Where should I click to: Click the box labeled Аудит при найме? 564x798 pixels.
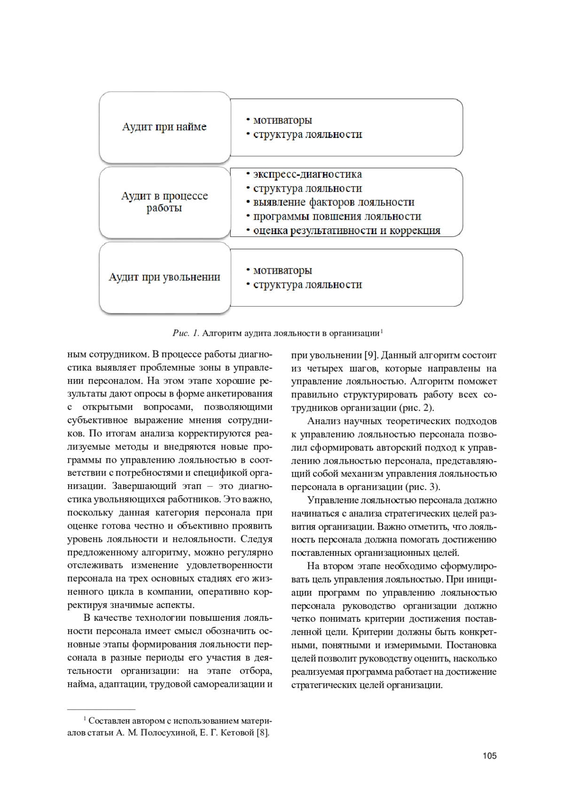pyautogui.click(x=164, y=127)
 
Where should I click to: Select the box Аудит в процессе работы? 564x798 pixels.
pyautogui.click(x=164, y=202)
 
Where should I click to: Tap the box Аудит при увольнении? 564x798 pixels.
pyautogui.click(x=164, y=277)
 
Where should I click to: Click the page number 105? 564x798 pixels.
pyautogui.click(x=489, y=757)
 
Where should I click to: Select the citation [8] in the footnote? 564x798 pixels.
pyautogui.click(x=263, y=733)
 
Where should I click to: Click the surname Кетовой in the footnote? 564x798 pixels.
pyautogui.click(x=238, y=733)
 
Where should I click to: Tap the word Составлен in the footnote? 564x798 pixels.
pyautogui.click(x=110, y=721)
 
